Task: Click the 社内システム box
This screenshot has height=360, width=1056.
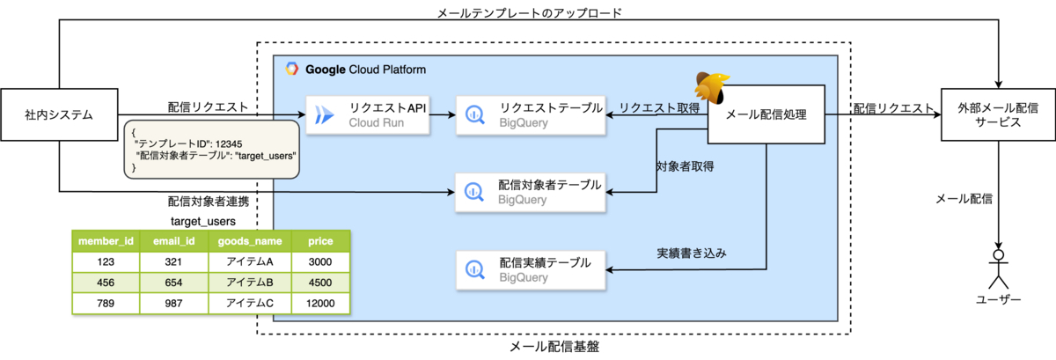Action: [x=59, y=114]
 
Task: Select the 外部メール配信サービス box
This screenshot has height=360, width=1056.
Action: [x=996, y=114]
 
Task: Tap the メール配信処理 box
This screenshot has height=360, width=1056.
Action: [x=766, y=114]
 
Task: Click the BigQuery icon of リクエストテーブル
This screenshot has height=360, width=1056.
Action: [x=474, y=114]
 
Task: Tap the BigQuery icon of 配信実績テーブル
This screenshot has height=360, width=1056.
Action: [x=474, y=268]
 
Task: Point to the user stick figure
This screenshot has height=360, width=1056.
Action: [x=998, y=268]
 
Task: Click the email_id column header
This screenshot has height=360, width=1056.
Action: [x=172, y=240]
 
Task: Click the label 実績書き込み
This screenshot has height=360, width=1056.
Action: [x=696, y=253]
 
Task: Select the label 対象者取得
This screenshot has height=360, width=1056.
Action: [x=685, y=165]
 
